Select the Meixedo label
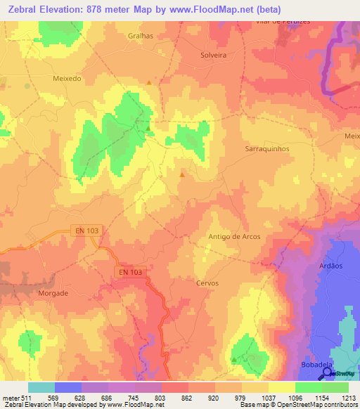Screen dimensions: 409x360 pyautogui.click(x=67, y=79)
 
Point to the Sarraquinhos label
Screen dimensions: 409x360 pyautogui.click(x=266, y=149)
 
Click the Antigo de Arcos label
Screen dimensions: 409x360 pyautogui.click(x=234, y=237)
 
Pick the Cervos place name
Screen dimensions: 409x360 pyautogui.click(x=207, y=283)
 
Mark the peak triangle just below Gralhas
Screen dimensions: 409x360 pyautogui.click(x=149, y=83)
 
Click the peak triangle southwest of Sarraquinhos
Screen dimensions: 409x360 pyautogui.click(x=183, y=174)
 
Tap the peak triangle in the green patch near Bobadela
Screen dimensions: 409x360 pyautogui.click(x=234, y=359)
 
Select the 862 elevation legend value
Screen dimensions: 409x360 pyautogui.click(x=188, y=398)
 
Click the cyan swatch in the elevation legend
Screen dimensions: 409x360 pyautogui.click(x=41, y=387)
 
